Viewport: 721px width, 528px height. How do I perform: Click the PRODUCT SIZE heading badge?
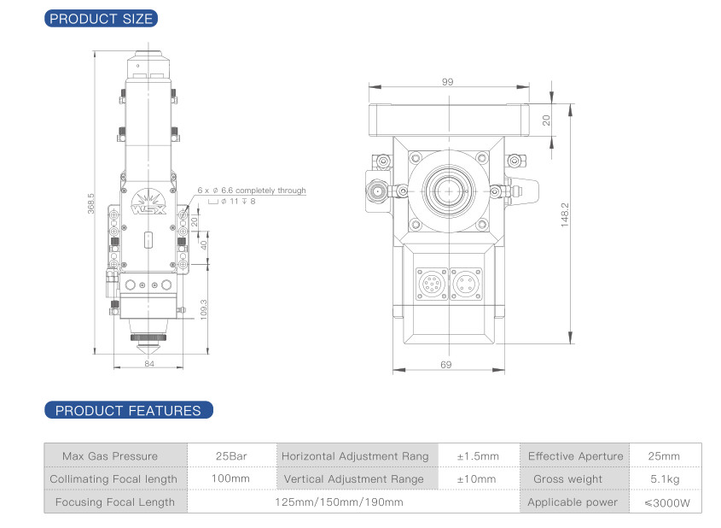tap(102, 18)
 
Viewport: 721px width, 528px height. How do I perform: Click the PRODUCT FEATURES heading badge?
tap(128, 411)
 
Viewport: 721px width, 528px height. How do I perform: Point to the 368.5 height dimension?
tap(91, 203)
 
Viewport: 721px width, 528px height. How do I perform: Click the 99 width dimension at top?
tap(447, 82)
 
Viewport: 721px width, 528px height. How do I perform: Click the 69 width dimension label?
tap(445, 366)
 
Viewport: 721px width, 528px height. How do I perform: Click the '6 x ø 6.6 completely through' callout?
tap(251, 191)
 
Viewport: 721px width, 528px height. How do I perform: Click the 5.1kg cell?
tap(665, 479)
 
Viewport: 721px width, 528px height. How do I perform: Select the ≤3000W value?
tap(665, 502)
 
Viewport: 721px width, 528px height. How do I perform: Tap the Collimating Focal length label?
tap(114, 479)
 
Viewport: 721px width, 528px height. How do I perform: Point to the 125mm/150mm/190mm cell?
tap(339, 502)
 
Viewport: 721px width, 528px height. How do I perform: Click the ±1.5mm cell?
tap(478, 456)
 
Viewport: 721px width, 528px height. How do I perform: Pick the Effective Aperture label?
tap(575, 456)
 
